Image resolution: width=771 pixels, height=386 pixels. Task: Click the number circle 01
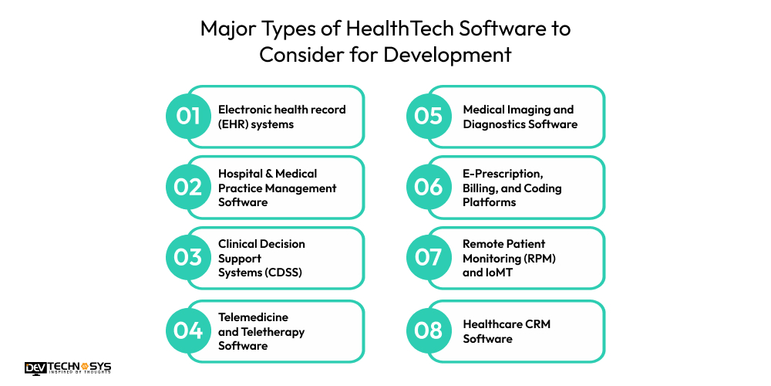coord(188,117)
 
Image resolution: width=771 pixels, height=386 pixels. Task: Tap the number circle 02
coord(188,187)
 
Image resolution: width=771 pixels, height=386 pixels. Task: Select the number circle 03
coord(188,258)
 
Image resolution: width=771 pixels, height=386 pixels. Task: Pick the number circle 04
coord(188,331)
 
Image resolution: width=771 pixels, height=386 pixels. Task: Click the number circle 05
coord(429,117)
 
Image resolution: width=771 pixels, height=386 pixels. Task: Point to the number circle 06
coord(429,187)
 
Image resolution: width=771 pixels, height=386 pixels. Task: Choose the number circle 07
coord(429,258)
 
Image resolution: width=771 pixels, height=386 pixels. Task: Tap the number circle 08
coord(429,331)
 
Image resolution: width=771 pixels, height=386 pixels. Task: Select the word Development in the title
coord(447,55)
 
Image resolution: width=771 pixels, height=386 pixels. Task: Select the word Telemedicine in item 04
coord(253,317)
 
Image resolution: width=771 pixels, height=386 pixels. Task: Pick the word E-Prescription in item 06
coord(502,174)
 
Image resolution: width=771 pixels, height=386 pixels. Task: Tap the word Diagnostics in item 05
coord(492,124)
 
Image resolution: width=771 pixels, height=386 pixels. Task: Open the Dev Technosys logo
coord(68,367)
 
